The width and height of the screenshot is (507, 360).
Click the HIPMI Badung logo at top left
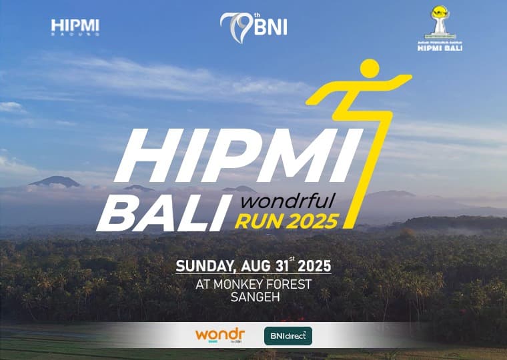click(x=75, y=27)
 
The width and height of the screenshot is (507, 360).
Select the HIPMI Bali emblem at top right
click(x=438, y=29)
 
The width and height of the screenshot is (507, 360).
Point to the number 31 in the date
click(x=284, y=266)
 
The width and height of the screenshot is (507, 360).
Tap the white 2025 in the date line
click(x=314, y=266)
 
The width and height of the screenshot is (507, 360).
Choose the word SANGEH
click(x=254, y=297)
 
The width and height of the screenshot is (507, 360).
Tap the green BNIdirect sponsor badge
click(x=288, y=335)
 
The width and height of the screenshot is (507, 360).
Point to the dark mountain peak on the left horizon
click(x=55, y=181)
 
